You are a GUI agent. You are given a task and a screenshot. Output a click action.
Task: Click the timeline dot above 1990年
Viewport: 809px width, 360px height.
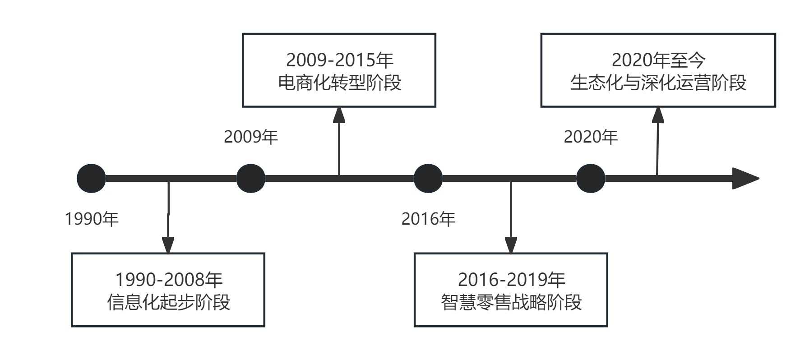[91, 178]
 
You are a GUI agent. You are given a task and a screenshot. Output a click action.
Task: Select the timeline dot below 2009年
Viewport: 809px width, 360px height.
[251, 178]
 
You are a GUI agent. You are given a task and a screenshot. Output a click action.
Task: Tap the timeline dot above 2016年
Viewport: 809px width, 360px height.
[428, 178]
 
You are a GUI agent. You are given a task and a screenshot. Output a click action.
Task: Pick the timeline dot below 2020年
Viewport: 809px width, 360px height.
[591, 178]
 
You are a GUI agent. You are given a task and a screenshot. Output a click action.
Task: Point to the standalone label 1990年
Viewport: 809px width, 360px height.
[92, 219]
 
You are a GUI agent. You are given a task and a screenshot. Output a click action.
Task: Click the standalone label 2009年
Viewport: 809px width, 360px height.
[251, 137]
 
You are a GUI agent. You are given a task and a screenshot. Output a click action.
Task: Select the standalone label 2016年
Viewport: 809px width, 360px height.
[428, 219]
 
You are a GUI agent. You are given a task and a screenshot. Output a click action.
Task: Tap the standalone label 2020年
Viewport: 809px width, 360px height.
[591, 137]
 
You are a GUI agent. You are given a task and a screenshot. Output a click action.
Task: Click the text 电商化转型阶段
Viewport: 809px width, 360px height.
[339, 83]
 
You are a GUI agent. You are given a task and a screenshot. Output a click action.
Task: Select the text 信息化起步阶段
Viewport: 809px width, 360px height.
[168, 302]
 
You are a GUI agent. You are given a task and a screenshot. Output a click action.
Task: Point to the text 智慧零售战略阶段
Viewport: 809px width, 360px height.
[511, 302]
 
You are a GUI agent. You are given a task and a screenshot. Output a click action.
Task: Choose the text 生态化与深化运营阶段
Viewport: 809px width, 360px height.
[658, 83]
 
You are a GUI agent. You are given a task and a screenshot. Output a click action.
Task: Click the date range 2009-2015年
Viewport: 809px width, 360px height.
[339, 60]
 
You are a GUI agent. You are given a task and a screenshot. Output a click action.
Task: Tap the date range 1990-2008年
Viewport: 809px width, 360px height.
[168, 280]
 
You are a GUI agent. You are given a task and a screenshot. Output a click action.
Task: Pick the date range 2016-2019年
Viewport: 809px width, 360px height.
[511, 280]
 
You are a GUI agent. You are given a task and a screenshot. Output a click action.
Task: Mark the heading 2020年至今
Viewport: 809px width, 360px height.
[658, 60]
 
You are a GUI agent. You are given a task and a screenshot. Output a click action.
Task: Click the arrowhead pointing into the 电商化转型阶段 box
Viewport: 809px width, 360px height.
[339, 115]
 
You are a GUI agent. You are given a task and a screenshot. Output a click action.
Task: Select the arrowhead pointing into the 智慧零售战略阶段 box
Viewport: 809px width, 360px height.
[511, 245]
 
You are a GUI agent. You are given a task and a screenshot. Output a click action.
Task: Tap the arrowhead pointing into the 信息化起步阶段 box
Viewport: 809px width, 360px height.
[168, 245]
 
